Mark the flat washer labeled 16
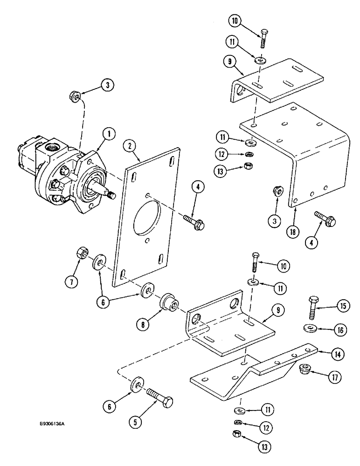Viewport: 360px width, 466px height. (x=309, y=329)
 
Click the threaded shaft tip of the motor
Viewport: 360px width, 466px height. (x=111, y=195)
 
